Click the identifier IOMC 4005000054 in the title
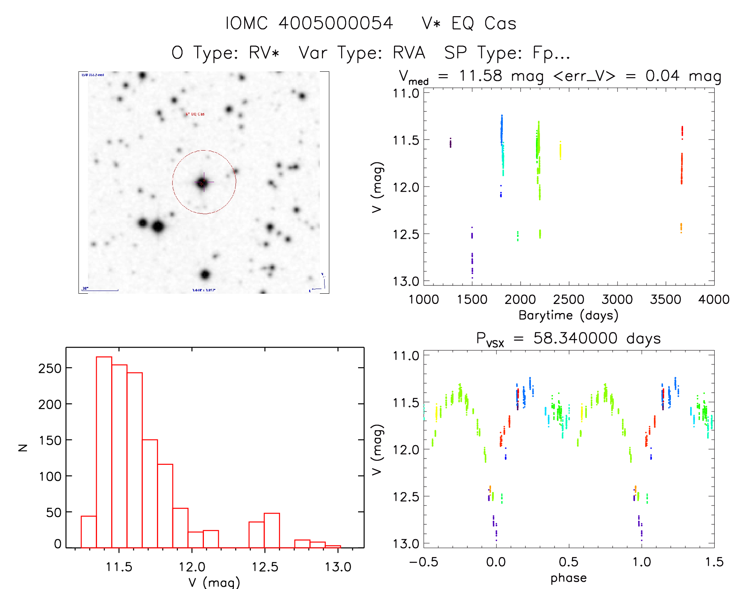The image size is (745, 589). (x=309, y=23)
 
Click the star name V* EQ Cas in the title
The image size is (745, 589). (x=469, y=23)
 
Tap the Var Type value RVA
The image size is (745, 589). (x=409, y=53)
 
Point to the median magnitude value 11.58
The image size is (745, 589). (x=480, y=76)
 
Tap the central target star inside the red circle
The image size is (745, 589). (x=203, y=183)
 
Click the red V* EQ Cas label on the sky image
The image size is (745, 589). (x=195, y=114)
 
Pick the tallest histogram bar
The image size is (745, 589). (x=104, y=452)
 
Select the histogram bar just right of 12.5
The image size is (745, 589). (x=272, y=530)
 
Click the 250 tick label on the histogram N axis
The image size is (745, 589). (x=50, y=368)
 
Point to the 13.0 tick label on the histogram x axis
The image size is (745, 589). (x=338, y=567)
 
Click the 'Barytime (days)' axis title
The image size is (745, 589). (x=568, y=315)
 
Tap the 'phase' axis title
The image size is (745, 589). (x=568, y=578)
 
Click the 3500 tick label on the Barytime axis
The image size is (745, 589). (x=665, y=300)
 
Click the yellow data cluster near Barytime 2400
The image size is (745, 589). (x=560, y=151)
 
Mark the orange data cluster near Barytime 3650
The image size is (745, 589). (x=681, y=227)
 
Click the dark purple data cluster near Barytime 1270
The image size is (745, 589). (x=450, y=143)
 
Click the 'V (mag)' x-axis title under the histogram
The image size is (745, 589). (x=214, y=582)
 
